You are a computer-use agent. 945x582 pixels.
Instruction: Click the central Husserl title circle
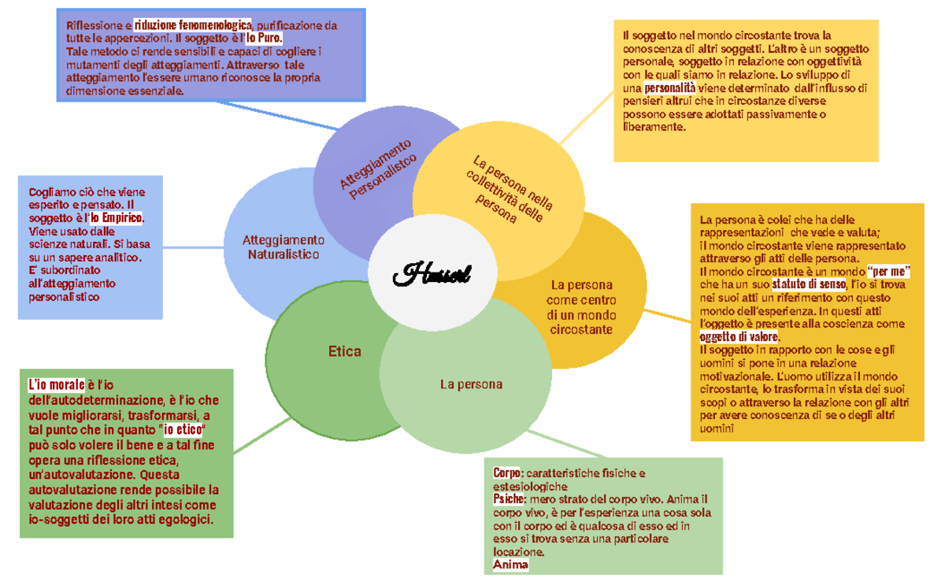point(432,274)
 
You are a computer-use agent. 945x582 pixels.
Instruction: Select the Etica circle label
point(344,351)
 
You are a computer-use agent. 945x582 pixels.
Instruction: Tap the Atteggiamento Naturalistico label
point(283,247)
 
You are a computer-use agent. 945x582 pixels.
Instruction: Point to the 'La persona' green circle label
point(471,384)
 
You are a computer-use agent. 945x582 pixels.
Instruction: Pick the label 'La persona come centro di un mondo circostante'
point(582,306)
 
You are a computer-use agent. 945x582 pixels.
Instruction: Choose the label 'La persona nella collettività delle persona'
point(510,190)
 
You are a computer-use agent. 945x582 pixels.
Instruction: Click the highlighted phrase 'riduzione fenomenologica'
point(193,25)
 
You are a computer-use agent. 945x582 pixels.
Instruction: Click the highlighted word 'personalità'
point(669,87)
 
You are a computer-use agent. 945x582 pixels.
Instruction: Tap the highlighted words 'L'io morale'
point(56,385)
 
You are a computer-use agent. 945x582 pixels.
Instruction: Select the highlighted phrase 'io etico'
point(183,430)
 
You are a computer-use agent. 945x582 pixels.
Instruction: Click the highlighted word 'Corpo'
point(508,473)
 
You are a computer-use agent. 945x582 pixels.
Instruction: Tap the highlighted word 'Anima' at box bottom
point(510,565)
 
